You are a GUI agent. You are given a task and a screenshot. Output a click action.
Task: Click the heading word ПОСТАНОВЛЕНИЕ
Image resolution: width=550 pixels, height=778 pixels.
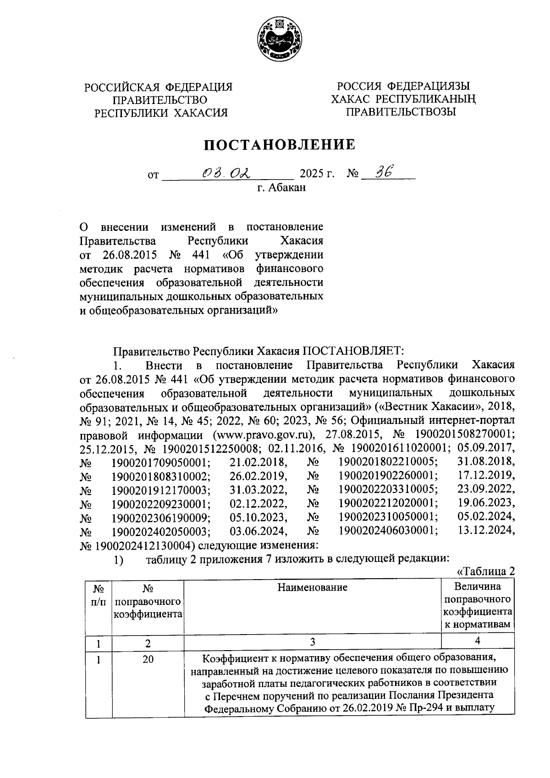[x=279, y=145]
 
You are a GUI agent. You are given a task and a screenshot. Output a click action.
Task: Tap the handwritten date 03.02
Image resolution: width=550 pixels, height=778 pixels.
[x=226, y=173]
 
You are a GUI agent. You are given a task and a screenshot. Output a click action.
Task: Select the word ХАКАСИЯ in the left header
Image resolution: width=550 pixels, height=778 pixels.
[x=199, y=113]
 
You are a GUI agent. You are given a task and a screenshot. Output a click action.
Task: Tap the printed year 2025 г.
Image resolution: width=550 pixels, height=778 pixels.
[x=317, y=174]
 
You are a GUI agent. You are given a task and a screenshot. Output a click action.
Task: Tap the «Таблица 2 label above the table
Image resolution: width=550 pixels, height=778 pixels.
[x=486, y=571]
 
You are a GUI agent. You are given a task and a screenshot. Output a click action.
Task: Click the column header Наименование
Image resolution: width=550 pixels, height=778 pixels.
[x=312, y=587]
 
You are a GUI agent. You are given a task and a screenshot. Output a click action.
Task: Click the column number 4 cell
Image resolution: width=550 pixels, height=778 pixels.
[x=477, y=641]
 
